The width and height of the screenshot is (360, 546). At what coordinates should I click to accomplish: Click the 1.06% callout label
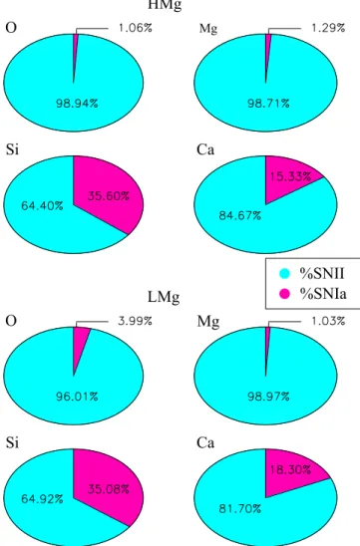[136, 28]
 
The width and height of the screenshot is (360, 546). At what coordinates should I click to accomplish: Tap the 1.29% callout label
[328, 28]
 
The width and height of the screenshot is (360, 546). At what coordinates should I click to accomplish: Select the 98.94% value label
[77, 104]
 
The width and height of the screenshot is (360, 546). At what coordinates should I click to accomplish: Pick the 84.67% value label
[239, 216]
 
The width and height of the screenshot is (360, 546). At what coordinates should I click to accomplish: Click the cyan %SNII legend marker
[285, 274]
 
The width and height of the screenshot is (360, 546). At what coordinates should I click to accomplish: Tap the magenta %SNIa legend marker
[285, 294]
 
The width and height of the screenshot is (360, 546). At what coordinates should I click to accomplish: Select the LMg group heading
[164, 297]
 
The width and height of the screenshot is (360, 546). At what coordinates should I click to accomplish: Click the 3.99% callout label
[136, 321]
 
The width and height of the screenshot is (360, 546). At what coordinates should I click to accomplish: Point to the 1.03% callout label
[328, 321]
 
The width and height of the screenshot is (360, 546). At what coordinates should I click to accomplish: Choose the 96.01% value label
[77, 397]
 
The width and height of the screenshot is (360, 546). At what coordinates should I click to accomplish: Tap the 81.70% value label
[239, 509]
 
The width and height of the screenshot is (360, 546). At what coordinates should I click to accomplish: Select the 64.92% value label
[42, 499]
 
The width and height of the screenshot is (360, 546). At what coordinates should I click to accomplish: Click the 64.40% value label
[42, 206]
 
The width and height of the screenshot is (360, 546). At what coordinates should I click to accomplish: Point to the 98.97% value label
[268, 397]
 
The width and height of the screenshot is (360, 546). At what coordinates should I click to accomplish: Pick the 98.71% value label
[268, 104]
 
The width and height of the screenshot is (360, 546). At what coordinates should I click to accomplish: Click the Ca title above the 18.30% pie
[205, 443]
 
